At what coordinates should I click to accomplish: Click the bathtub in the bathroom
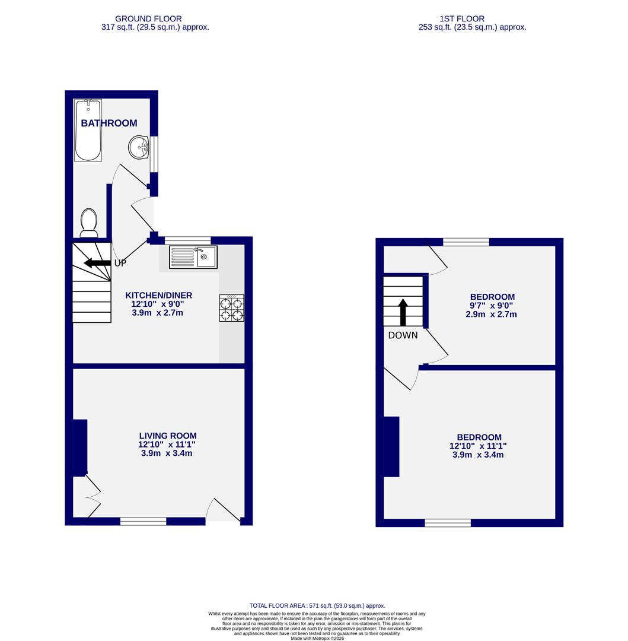88,130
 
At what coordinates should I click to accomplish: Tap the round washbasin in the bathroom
139,147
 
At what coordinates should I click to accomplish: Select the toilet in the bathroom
89,222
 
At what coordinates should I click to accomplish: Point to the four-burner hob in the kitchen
231,308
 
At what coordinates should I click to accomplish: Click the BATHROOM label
109,123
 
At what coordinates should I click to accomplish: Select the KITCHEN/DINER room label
158,296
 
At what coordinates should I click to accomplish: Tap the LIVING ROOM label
167,436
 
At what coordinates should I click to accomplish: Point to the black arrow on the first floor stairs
403,312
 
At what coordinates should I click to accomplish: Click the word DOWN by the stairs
403,335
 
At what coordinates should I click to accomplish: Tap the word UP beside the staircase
120,263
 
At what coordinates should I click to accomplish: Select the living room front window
143,521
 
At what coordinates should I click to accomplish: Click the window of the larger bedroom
448,523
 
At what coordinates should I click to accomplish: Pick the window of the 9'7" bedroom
466,242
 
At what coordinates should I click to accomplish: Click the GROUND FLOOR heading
148,19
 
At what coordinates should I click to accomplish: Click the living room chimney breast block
80,447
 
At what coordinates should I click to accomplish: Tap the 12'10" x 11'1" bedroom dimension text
478,446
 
